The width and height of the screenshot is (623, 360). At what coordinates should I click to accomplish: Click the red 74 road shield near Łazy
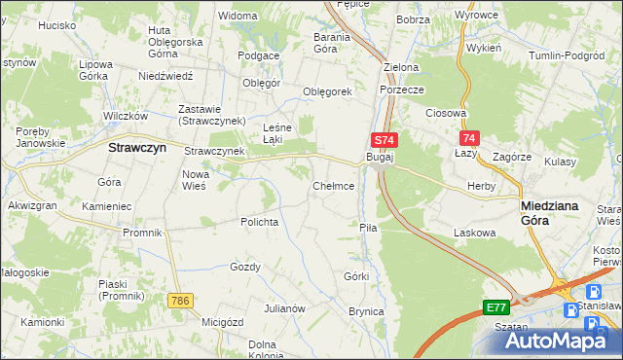pyautogui.click(x=470, y=139)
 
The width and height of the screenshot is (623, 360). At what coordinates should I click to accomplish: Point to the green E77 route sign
pyautogui.click(x=495, y=307)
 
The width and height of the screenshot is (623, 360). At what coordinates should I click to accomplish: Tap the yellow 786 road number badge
pyautogui.click(x=178, y=301)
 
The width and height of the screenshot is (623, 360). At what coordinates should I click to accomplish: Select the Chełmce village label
pyautogui.click(x=332, y=186)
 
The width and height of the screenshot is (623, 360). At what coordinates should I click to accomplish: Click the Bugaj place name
pyautogui.click(x=379, y=157)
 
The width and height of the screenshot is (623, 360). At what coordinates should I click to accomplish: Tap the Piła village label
pyautogui.click(x=368, y=227)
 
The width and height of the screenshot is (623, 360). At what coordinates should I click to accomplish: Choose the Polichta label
pyautogui.click(x=260, y=222)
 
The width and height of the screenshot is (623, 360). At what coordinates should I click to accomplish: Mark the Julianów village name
pyautogui.click(x=285, y=308)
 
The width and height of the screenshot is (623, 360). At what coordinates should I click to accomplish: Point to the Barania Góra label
pyautogui.click(x=311, y=43)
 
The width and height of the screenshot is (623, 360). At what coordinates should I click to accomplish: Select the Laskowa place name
pyautogui.click(x=475, y=234)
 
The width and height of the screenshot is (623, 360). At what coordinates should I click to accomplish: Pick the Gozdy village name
pyautogui.click(x=244, y=267)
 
